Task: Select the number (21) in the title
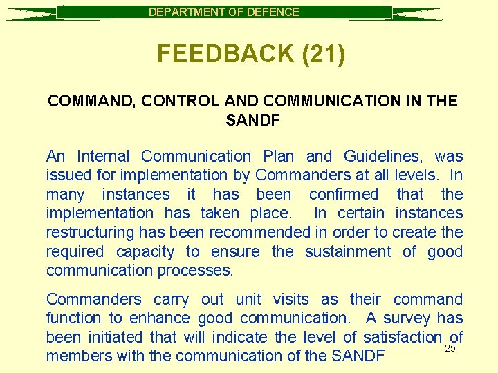pyautogui.click(x=324, y=54)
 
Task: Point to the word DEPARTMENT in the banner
pyautogui.click(x=187, y=12)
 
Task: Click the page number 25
pyautogui.click(x=450, y=349)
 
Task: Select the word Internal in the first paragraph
pyautogui.click(x=103, y=157)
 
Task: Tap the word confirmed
pyautogui.click(x=344, y=195)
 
